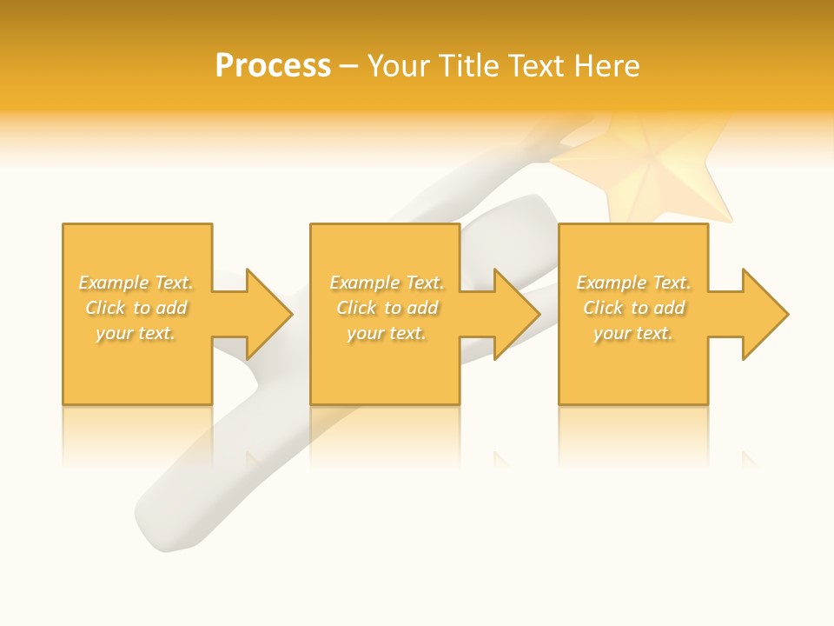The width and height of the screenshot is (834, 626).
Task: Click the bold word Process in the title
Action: [273, 66]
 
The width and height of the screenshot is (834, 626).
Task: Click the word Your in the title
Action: [400, 66]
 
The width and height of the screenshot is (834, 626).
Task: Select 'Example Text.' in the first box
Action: [136, 283]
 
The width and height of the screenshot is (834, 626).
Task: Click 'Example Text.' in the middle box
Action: [386, 283]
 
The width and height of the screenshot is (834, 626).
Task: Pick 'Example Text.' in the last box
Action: [633, 283]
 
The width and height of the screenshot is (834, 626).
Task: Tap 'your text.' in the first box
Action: [136, 333]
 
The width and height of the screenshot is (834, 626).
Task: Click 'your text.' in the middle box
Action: [386, 333]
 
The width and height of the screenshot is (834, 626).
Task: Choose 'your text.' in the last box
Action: [633, 333]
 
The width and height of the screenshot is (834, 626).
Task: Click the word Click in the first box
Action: [105, 308]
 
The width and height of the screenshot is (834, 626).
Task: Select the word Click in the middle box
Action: [356, 308]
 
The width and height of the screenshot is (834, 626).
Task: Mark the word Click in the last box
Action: [603, 308]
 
